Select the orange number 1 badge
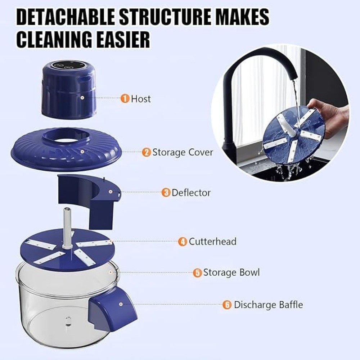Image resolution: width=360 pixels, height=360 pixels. click(125, 99)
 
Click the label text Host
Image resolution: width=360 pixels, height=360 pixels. click(141, 99)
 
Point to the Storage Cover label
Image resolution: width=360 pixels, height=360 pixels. click(183, 152)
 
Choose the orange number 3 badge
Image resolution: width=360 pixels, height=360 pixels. click(166, 193)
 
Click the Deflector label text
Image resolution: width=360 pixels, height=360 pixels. click(191, 193)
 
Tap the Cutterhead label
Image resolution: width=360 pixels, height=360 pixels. click(212, 241)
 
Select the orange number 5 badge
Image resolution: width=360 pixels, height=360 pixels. click(197, 273)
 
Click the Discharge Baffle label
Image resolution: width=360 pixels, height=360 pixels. click(268, 305)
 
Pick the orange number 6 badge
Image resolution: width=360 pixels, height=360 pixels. click(226, 305)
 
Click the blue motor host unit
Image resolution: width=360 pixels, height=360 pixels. click(68, 92)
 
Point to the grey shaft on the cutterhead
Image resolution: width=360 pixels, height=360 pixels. click(67, 227)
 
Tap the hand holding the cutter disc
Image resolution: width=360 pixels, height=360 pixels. click(329, 112)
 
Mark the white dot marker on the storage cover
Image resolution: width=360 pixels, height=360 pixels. click(83, 152)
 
